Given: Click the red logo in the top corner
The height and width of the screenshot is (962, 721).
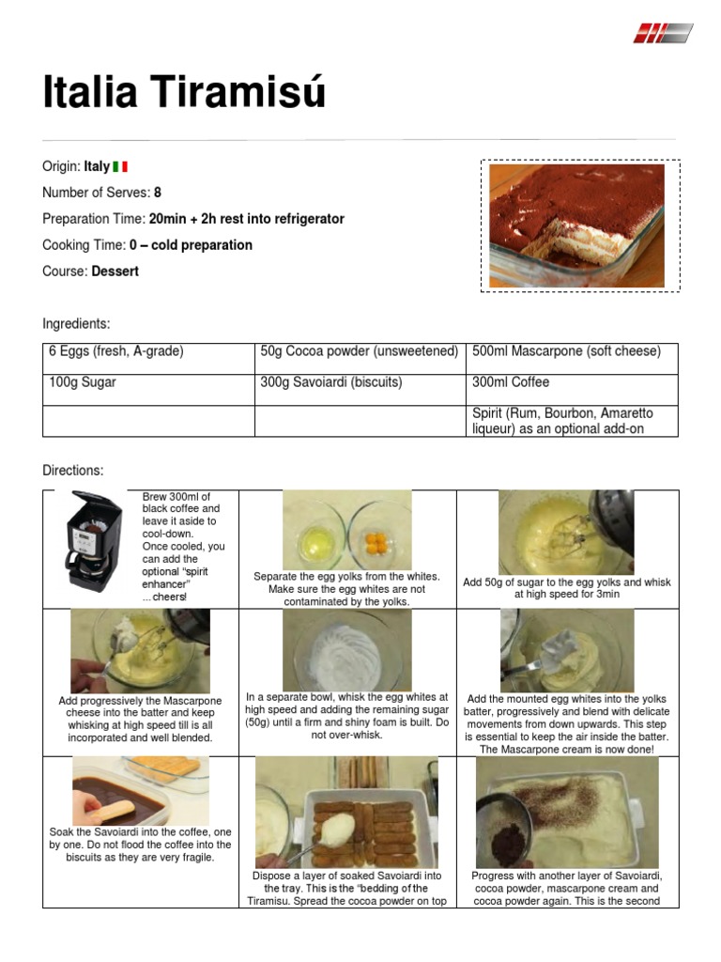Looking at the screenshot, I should [x=662, y=34].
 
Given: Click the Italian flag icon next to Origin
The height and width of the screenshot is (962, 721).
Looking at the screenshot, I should [x=120, y=166].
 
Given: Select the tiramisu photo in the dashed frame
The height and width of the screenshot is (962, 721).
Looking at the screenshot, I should [x=577, y=225].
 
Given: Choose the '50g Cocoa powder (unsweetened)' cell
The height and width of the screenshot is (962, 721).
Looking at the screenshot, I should [x=359, y=351].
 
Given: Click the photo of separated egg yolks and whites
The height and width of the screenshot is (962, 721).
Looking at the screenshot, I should [x=345, y=529].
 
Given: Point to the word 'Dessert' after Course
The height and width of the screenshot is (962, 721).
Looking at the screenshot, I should [x=115, y=272].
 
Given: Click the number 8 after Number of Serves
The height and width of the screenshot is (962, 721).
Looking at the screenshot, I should [x=158, y=193].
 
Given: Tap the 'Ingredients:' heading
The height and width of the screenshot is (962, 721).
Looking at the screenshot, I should [x=76, y=324].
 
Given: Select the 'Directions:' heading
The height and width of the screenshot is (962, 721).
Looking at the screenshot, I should [x=73, y=470].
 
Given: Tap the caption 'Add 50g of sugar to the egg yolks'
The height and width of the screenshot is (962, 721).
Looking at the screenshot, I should [x=567, y=582].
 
